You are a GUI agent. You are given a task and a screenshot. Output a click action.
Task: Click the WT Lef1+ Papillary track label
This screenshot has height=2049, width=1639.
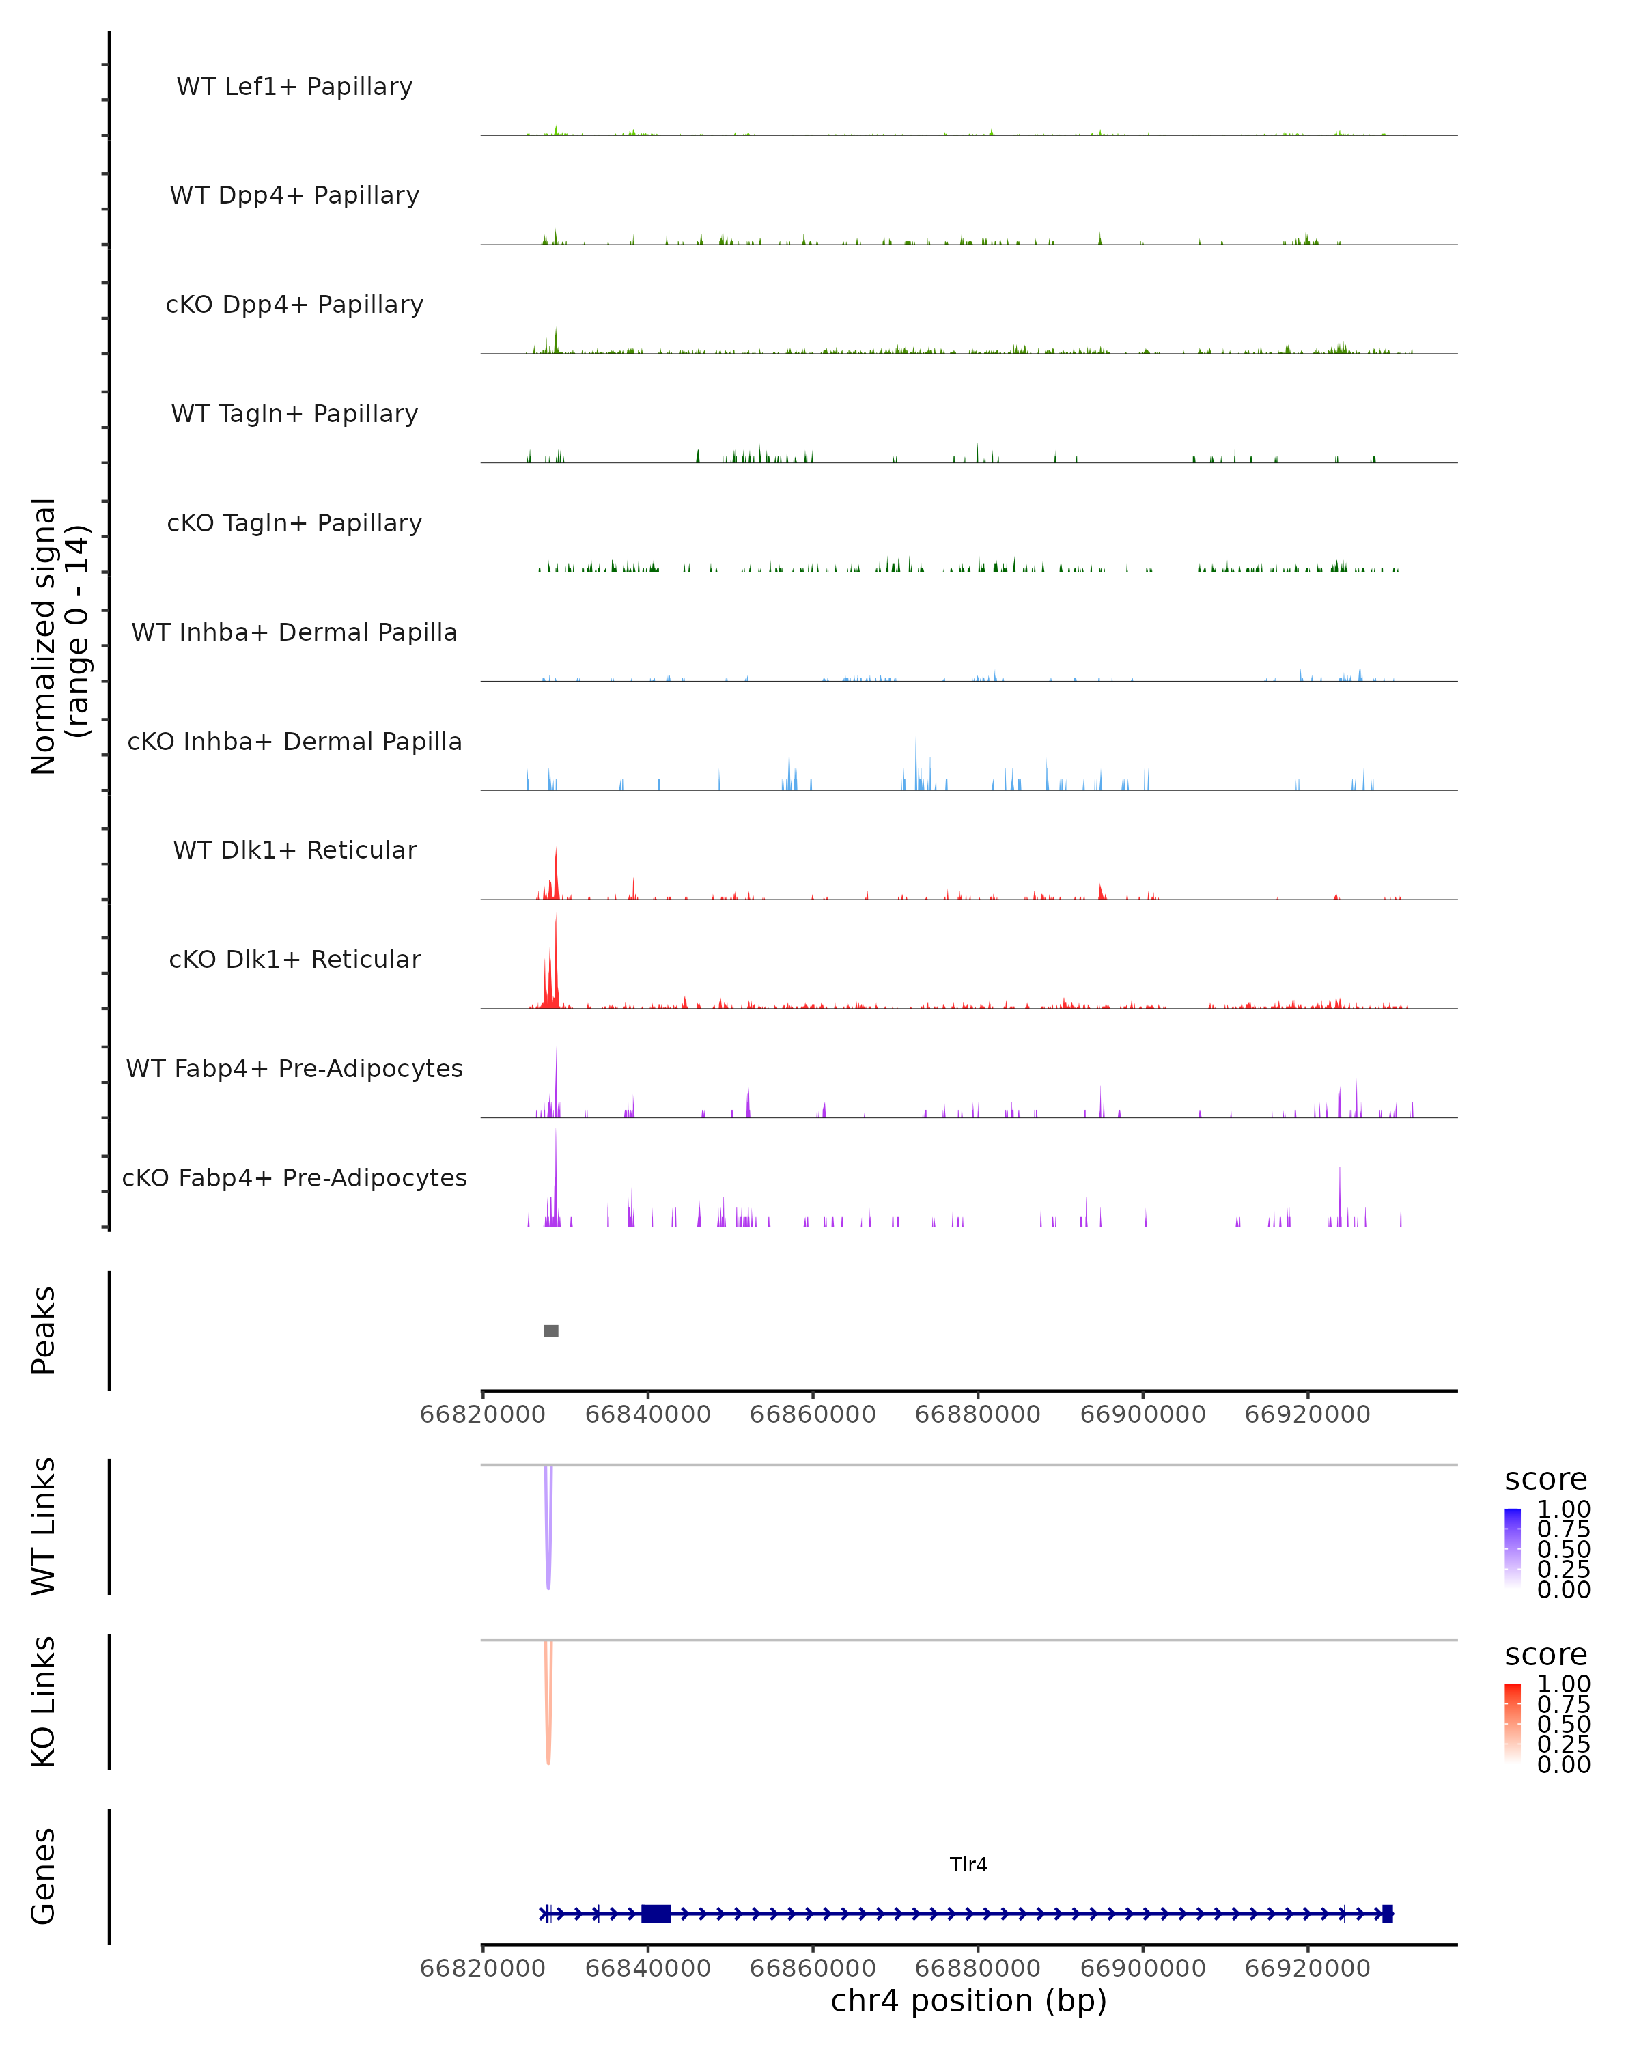click(294, 87)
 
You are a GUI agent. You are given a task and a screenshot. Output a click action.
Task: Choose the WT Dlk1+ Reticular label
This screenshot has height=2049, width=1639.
click(294, 850)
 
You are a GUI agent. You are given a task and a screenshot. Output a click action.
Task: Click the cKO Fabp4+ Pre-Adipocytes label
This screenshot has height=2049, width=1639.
click(294, 1177)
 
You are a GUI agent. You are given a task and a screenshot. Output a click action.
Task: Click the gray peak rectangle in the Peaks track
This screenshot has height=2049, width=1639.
click(551, 1330)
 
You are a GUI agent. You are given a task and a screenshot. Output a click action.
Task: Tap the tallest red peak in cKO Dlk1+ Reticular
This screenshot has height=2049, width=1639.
click(556, 960)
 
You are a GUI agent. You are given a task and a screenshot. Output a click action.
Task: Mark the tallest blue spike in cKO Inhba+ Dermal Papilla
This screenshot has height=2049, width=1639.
click(916, 755)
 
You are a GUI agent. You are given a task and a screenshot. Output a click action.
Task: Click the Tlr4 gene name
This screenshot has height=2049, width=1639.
click(968, 1865)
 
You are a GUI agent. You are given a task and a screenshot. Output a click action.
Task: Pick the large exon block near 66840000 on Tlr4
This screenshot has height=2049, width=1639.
click(656, 1913)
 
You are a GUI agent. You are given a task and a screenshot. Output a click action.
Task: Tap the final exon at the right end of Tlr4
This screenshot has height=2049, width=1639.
click(1387, 1913)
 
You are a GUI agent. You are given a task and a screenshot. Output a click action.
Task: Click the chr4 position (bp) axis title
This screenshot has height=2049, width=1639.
click(968, 2001)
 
